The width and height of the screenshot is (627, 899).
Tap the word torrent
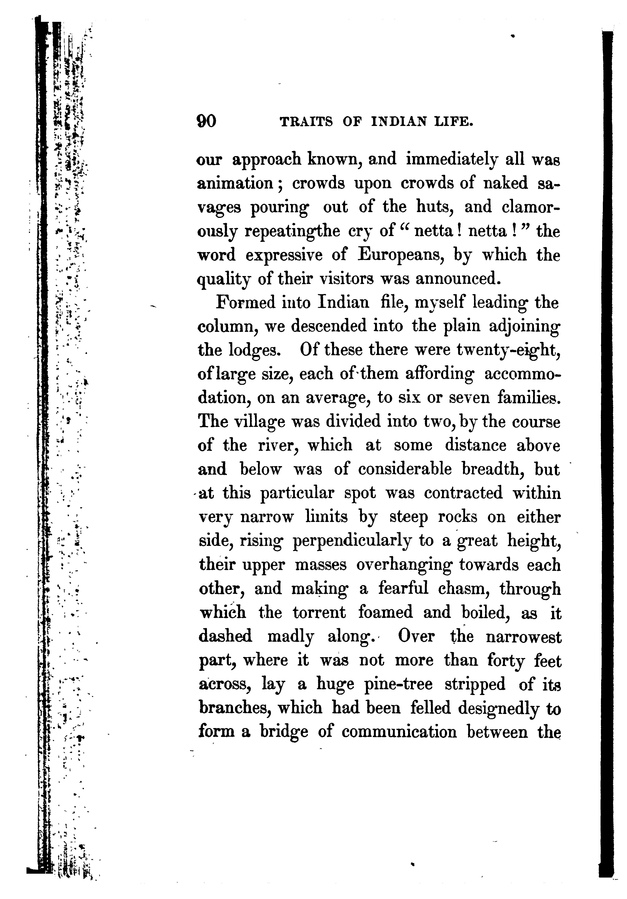click(319, 613)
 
